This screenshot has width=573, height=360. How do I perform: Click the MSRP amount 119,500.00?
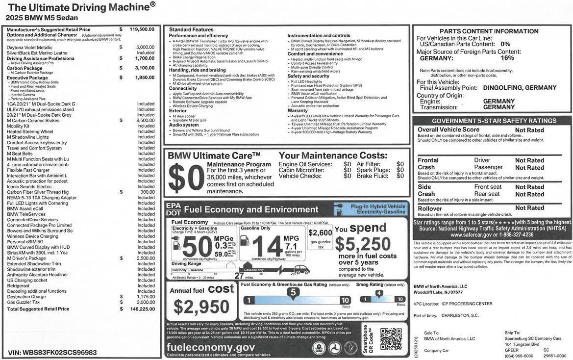click(x=142, y=30)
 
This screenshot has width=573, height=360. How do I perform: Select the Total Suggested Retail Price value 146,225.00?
click(x=142, y=309)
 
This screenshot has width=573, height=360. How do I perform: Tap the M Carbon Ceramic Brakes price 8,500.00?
click(x=143, y=120)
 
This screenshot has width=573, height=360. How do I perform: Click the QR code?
click(x=391, y=338)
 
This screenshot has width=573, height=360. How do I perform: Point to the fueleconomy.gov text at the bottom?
click(x=211, y=347)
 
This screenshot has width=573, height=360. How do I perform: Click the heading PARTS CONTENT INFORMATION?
click(x=492, y=31)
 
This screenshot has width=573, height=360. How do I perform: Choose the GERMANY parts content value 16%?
click(x=507, y=58)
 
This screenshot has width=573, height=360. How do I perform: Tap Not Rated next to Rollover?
click(x=529, y=208)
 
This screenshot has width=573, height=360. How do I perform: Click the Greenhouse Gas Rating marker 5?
click(x=293, y=292)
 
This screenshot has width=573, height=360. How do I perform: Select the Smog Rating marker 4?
click(x=378, y=293)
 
